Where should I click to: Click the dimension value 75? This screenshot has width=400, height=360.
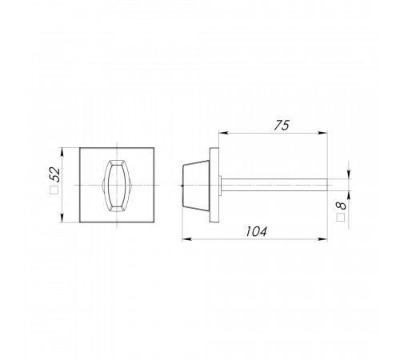coord(282,126)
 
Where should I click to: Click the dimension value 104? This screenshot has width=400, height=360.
coord(256,231)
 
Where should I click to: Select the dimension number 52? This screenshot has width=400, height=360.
coord(55,174)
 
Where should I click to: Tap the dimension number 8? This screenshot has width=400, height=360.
coord(341,206)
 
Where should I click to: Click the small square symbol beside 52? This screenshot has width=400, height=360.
coord(54,190)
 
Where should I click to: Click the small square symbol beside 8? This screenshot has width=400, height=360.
coord(341,218)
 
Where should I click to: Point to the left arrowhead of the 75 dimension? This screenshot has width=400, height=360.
coord(223,133)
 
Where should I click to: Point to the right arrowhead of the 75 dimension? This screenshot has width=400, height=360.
coord(322,133)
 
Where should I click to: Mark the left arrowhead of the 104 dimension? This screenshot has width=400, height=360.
coord(187,239)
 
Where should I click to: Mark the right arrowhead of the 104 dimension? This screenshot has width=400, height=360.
coord(322,239)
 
